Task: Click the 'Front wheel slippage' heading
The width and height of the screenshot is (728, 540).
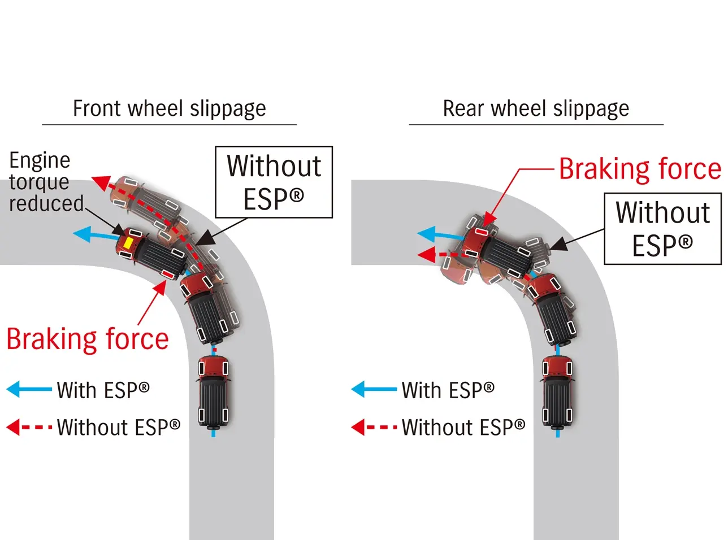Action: pos(169,108)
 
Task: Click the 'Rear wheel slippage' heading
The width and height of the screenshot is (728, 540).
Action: pos(535,108)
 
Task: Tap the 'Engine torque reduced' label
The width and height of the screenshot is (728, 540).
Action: pos(45,182)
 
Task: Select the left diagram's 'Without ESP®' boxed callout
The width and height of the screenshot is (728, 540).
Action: pos(274,182)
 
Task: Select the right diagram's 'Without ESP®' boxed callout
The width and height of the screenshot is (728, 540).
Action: pos(662,228)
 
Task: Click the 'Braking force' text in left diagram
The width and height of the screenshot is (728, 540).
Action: pos(88,339)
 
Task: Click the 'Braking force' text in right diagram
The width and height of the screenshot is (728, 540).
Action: pos(640,169)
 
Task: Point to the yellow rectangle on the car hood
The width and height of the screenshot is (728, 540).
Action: pos(128,243)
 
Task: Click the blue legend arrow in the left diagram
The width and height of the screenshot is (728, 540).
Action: pos(28,389)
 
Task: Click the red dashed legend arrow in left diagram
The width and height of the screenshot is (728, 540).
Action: pos(28,427)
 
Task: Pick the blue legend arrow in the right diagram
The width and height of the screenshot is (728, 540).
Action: pos(373,389)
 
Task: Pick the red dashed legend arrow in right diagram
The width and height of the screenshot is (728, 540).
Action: pos(373,427)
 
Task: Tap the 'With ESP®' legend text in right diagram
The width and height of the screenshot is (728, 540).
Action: pos(448,390)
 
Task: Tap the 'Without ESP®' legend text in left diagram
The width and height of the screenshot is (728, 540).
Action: pos(118,427)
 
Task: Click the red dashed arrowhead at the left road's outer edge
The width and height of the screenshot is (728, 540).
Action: pos(101,182)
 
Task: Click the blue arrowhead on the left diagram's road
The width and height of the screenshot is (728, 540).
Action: pos(83,233)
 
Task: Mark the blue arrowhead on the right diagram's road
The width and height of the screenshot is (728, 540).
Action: pos(427,234)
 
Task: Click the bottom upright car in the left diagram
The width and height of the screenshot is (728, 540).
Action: pos(213,391)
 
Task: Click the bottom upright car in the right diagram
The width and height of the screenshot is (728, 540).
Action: pos(558,391)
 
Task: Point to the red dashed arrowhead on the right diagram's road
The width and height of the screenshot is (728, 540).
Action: pos(426,255)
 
